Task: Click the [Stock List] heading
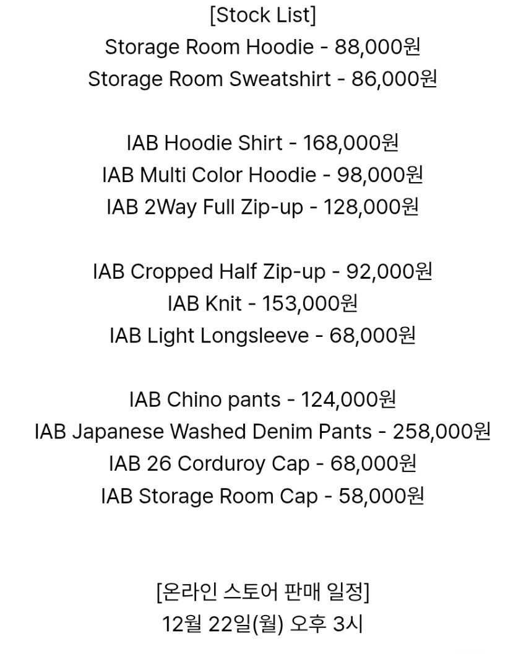click(x=262, y=15)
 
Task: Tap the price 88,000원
click(x=377, y=47)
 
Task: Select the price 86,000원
click(x=394, y=79)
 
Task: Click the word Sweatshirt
click(x=280, y=79)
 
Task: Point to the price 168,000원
click(x=350, y=143)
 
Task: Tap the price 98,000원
click(x=380, y=175)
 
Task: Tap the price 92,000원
click(x=389, y=272)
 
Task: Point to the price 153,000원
click(x=309, y=303)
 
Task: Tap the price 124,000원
click(x=348, y=399)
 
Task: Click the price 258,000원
click(x=441, y=432)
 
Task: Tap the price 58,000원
click(x=381, y=496)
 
